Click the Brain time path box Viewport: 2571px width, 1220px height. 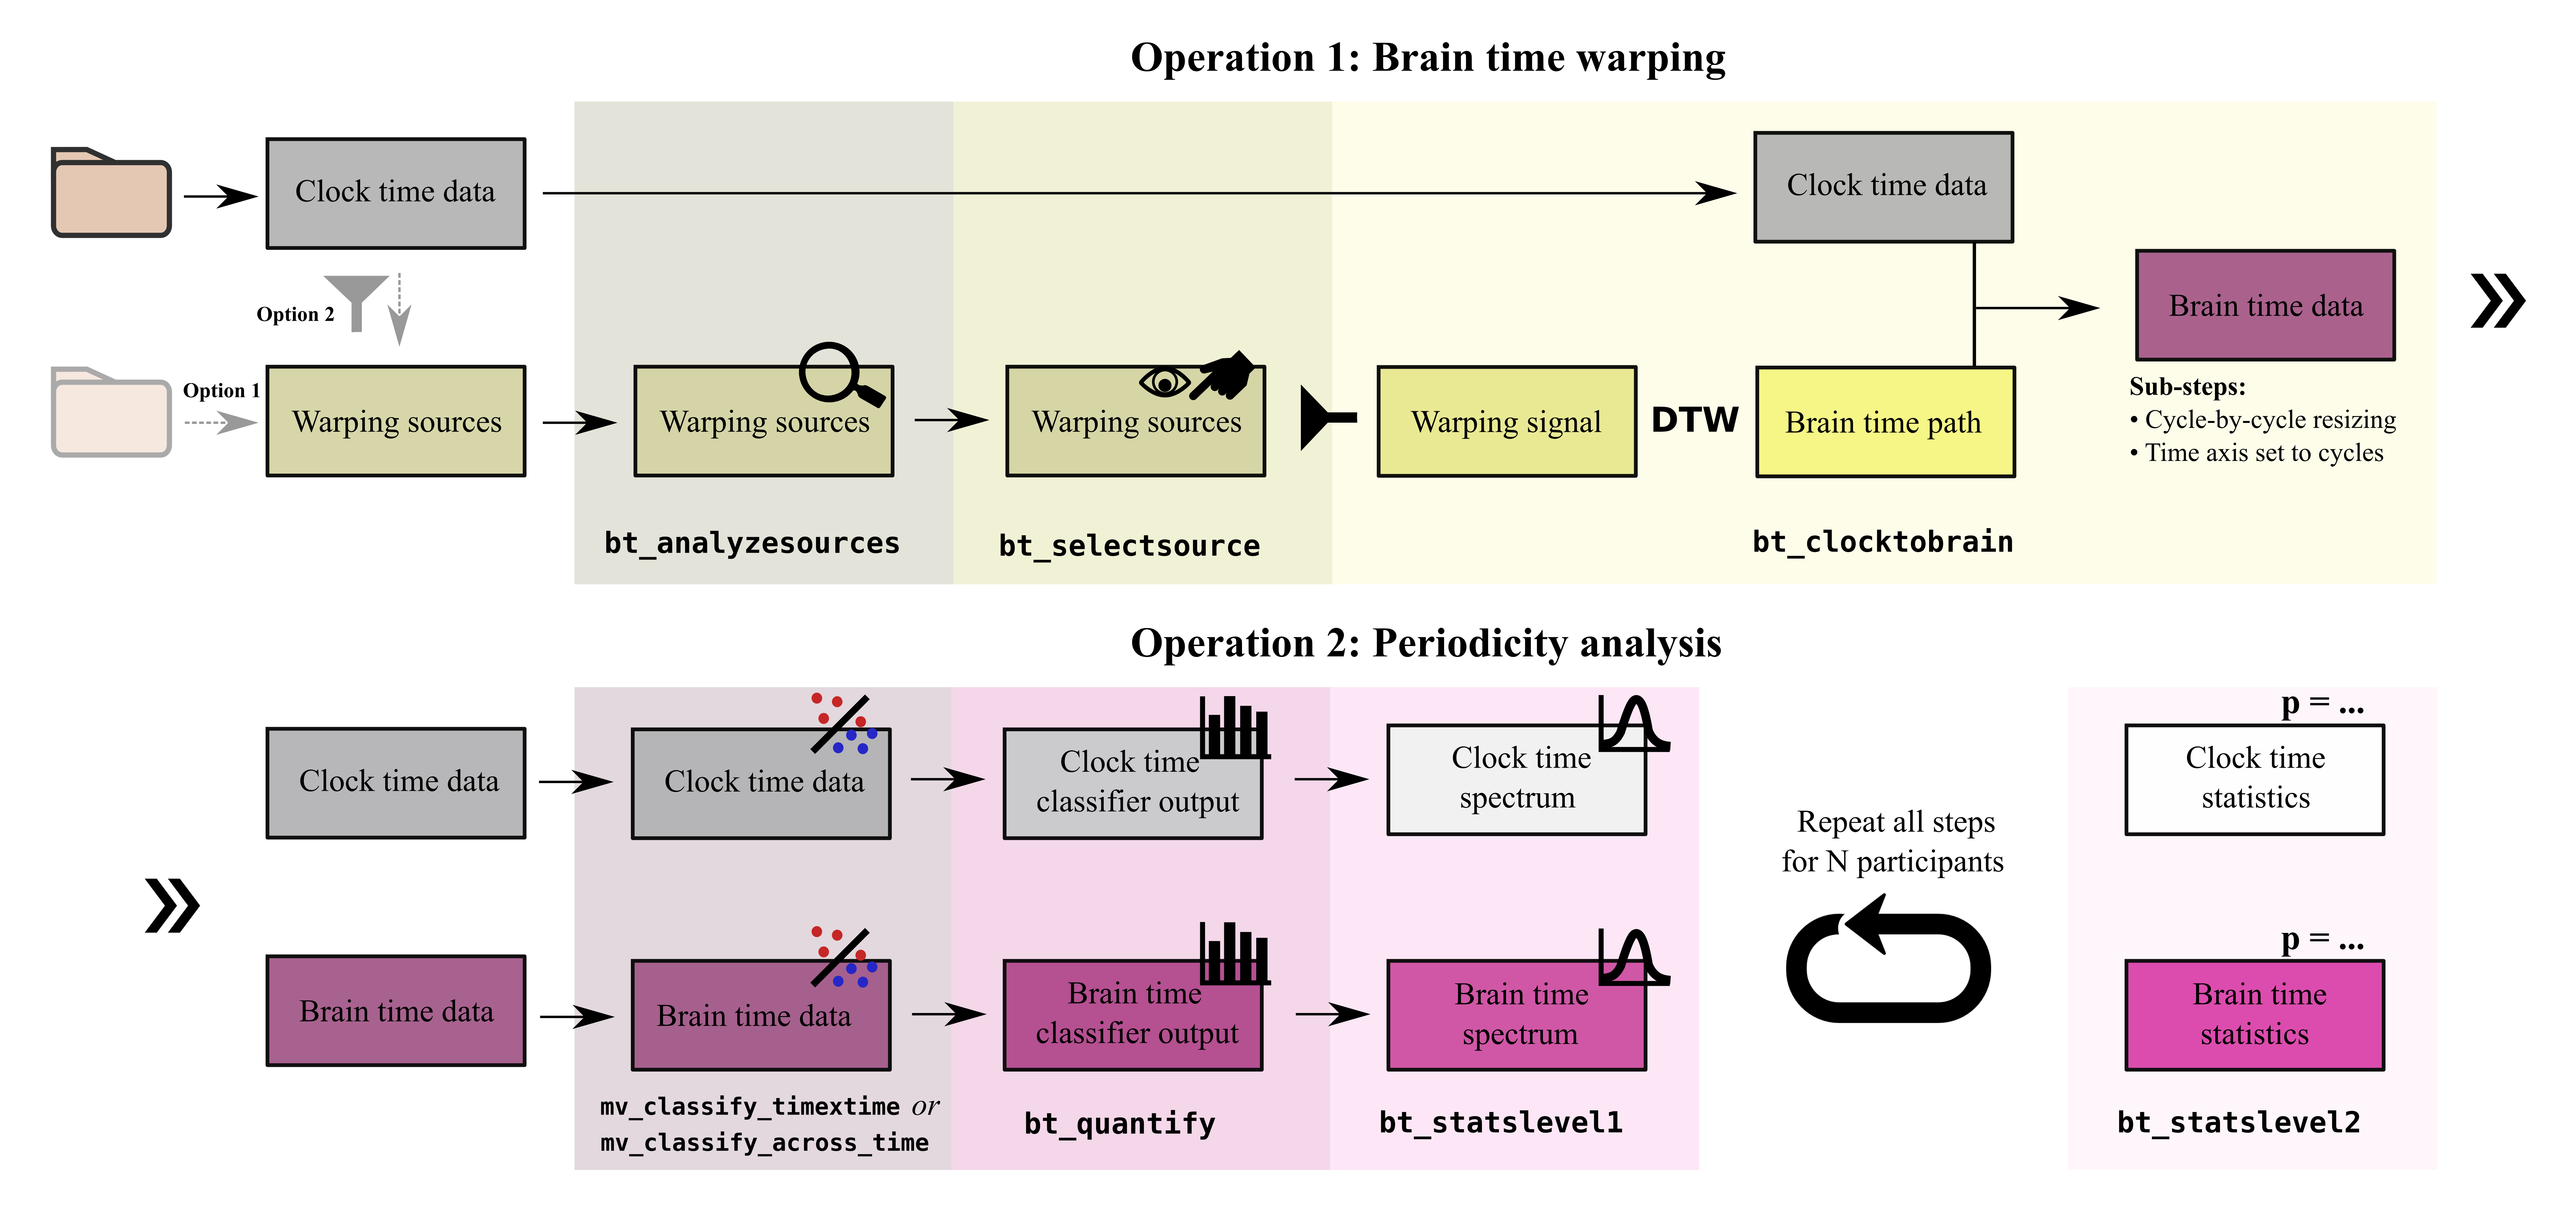coord(1884,422)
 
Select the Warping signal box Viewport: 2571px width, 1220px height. coord(1506,422)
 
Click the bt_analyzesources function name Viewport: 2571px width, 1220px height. coord(751,543)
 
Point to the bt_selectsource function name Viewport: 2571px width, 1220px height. coord(1129,546)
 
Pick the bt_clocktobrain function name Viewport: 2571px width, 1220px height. coord(1882,542)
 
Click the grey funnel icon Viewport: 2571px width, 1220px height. coord(356,299)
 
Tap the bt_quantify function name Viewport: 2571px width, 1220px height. coord(1119,1124)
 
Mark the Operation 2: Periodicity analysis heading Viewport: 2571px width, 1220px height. coord(1425,644)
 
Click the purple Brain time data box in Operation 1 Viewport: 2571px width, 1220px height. coord(2265,305)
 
